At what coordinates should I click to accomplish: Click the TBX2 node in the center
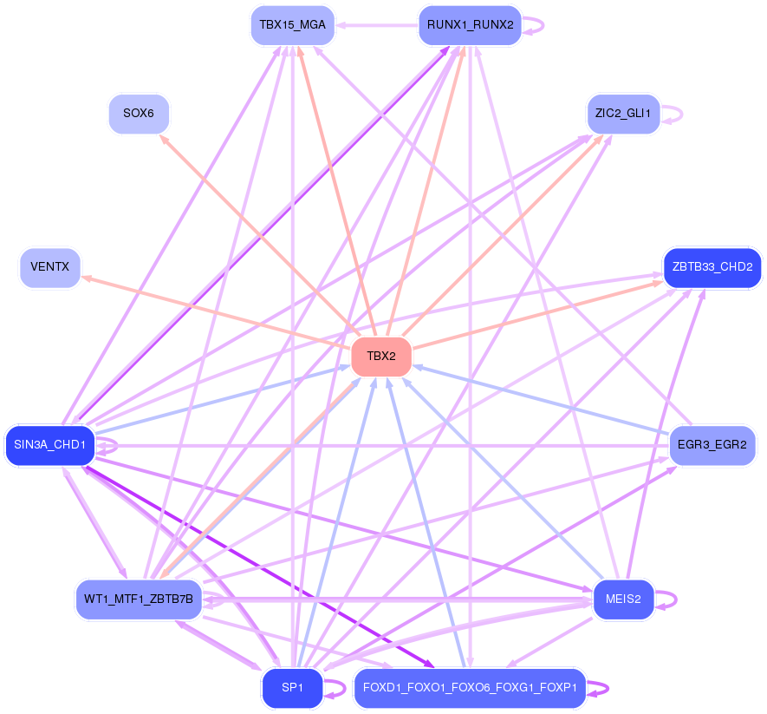point(381,357)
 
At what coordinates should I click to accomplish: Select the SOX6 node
point(139,114)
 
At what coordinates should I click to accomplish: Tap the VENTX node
point(50,267)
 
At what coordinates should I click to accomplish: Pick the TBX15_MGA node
point(293,25)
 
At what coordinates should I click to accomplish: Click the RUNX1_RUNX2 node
point(470,25)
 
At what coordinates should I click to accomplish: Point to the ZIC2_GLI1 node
point(623,114)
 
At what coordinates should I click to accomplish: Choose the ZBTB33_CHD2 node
point(712,267)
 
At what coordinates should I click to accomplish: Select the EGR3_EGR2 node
point(712,445)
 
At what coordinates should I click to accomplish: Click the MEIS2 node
point(623,599)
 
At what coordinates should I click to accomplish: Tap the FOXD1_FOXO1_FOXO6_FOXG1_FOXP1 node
point(470,688)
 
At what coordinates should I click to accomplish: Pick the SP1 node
point(293,688)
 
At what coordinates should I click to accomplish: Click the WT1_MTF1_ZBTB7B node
point(139,599)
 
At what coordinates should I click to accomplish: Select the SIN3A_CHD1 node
point(50,445)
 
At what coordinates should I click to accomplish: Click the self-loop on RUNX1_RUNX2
point(534,25)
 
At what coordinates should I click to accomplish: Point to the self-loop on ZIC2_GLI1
point(673,115)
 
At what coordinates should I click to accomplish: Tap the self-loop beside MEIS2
point(666,599)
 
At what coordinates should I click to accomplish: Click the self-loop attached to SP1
point(335,689)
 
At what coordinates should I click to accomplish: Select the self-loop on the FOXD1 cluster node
point(598,689)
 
